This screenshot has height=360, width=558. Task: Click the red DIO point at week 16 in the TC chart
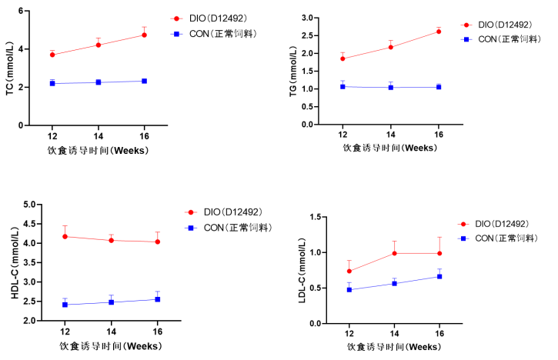coord(144,35)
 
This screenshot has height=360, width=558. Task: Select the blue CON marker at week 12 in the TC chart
coord(52,83)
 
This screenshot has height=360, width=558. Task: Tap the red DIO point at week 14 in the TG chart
coord(391,47)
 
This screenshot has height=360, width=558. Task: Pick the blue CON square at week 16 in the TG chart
coord(439,87)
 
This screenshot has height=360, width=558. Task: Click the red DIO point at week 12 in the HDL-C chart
coord(65,236)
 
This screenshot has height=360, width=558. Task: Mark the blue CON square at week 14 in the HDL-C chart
coord(111,302)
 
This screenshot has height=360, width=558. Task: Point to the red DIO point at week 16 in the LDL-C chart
coord(439,253)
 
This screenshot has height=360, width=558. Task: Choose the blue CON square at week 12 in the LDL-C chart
coord(349,290)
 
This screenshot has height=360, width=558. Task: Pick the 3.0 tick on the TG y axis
coord(328,18)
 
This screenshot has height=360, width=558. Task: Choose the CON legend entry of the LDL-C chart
coord(496,238)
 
